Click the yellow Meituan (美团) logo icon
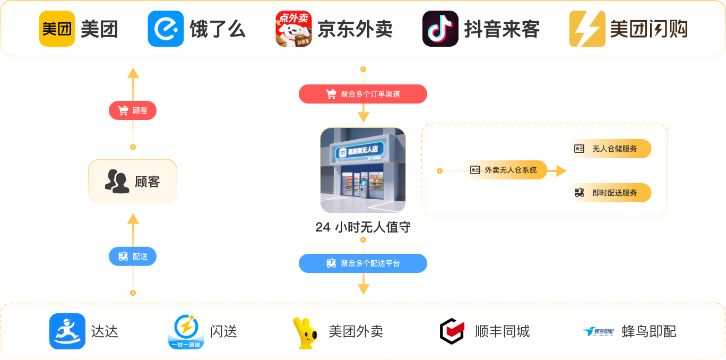pos(57,29)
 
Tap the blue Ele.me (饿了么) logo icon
pos(166,29)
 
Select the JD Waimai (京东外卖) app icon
pos(293,29)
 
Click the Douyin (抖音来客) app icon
pos(440,29)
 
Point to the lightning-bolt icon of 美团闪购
pos(587,29)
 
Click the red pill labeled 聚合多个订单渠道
pos(363,94)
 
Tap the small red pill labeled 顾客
pos(133,110)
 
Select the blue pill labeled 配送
pos(133,256)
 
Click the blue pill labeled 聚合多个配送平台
pos(363,263)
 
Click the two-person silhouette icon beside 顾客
pos(116,181)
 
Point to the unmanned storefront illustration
pos(363,170)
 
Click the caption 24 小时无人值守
pos(363,228)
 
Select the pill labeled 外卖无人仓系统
pos(507,170)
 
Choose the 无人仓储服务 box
pos(610,149)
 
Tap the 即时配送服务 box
pos(610,193)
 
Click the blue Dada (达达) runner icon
pos(67,331)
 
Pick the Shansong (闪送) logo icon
pos(186,332)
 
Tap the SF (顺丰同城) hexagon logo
pos(453,331)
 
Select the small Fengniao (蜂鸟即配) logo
pos(598,332)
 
